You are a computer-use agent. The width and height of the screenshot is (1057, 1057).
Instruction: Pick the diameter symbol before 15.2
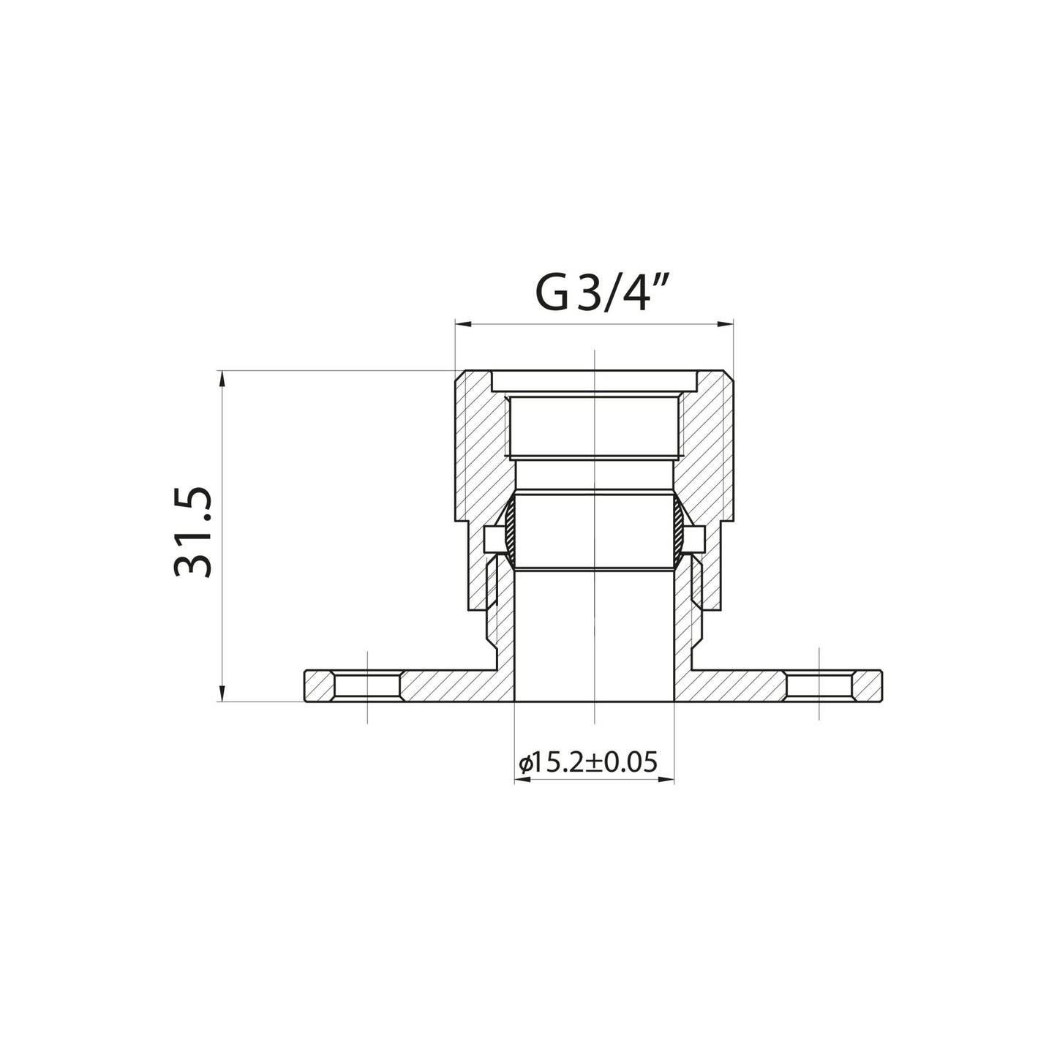click(x=524, y=764)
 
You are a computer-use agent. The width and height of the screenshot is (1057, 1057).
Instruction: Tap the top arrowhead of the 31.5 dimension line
click(x=221, y=377)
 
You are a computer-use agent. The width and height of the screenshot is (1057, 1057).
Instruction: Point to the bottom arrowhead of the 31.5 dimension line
click(x=221, y=696)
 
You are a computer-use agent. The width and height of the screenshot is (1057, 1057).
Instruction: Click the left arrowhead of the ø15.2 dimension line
click(x=520, y=780)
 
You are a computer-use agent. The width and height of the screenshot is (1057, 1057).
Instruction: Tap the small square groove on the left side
click(x=494, y=541)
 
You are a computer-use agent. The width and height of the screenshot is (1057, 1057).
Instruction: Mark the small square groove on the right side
click(x=693, y=541)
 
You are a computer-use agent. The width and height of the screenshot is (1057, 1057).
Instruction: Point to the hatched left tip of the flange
click(x=317, y=686)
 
